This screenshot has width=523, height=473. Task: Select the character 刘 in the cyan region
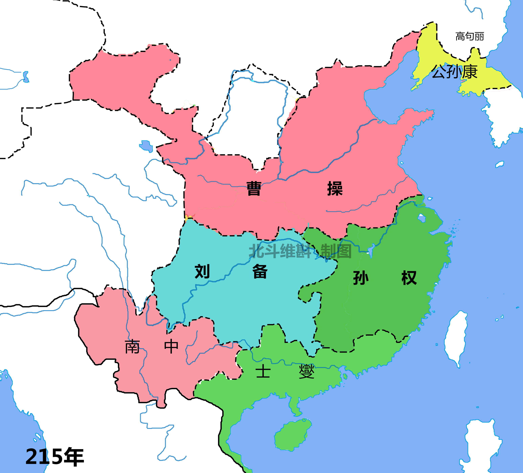pyautogui.click(x=202, y=272)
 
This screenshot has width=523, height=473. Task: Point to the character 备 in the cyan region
pyautogui.click(x=260, y=272)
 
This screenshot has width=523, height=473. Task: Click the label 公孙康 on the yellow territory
pyautogui.click(x=454, y=72)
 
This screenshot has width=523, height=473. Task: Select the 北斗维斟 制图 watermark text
pyautogui.click(x=300, y=251)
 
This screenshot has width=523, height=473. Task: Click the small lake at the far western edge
pyautogui.click(x=26, y=77)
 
